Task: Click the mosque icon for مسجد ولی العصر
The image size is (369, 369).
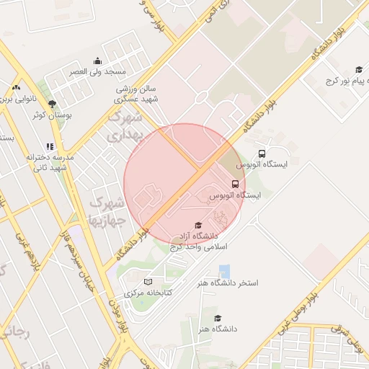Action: click(97, 61)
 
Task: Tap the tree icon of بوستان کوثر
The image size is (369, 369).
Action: click(52, 103)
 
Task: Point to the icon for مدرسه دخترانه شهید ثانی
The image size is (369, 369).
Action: click(50, 146)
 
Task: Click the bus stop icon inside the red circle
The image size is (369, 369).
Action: click(235, 184)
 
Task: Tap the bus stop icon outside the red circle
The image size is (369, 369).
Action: click(262, 153)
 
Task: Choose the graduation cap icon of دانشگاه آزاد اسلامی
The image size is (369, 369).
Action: click(198, 226)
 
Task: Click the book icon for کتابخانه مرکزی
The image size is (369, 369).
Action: click(148, 282)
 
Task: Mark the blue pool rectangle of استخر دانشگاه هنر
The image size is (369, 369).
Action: click(225, 272)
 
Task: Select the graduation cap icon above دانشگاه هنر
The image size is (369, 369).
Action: click(218, 318)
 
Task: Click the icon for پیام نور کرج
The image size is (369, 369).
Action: click(339, 70)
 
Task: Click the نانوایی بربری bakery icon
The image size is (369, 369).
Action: click(16, 87)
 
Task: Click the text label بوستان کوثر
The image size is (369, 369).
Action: click(50, 115)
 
